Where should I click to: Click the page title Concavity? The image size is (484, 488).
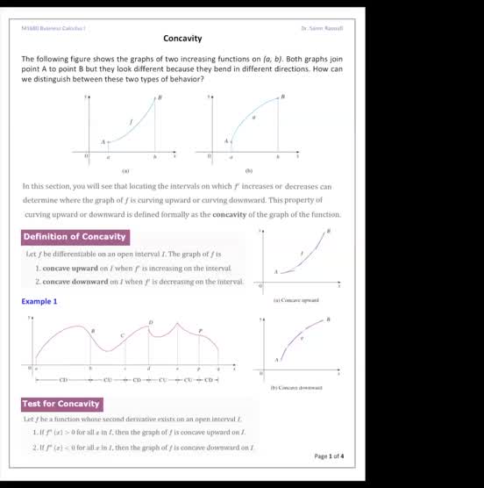[182, 39]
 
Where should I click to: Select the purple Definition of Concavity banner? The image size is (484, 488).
[75, 236]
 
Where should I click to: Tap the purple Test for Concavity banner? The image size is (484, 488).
[61, 404]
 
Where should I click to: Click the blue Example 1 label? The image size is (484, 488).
[39, 302]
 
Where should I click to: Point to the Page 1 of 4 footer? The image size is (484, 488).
[329, 456]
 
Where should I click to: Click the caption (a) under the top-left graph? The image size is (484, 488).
[125, 171]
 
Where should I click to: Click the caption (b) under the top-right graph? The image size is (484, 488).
[249, 171]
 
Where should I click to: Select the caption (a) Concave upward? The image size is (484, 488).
[295, 300]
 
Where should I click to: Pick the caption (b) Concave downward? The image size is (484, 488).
[297, 387]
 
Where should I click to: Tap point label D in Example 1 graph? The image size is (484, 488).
[150, 322]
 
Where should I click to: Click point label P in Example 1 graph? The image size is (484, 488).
[200, 331]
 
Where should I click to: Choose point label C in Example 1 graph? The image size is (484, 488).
[122, 336]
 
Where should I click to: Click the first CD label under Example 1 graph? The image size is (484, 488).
[63, 381]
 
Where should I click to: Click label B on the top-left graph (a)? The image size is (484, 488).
[160, 97]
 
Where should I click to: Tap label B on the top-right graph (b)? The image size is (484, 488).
[283, 97]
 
